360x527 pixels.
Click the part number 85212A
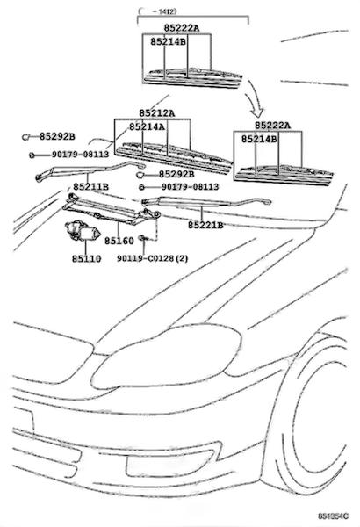(157, 113)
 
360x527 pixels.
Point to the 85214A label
(148, 126)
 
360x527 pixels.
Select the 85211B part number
(90, 186)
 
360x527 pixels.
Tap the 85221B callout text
(205, 225)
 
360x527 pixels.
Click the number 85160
(119, 241)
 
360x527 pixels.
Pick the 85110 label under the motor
(86, 258)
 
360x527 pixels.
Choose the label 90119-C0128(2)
(153, 258)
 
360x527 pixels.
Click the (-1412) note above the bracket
(157, 11)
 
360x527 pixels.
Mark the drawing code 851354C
(334, 516)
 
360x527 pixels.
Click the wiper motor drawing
(83, 231)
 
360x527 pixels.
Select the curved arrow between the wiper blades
(255, 97)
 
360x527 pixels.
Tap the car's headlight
(166, 357)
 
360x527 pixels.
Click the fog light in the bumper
(169, 463)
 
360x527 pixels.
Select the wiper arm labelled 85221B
(206, 201)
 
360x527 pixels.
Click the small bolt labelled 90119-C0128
(144, 238)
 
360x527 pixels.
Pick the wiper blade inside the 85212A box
(173, 157)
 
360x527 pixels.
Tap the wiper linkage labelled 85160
(112, 210)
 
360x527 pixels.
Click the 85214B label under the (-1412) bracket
(168, 41)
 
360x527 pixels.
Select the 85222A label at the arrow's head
(272, 126)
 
